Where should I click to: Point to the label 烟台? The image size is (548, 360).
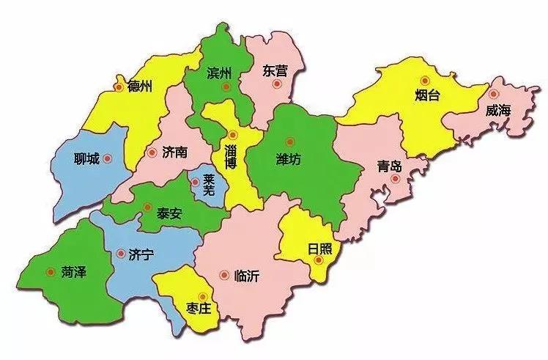coord(426,96)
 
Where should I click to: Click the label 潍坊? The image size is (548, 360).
coord(289,158)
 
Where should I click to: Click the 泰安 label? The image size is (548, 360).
coord(169,216)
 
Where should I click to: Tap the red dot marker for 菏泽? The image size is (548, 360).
coord(50,271)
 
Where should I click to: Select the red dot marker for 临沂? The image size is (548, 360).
coord(224,276)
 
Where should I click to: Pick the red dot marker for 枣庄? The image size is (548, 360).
coord(201,295)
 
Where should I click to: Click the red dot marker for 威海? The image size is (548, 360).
coord(494,94)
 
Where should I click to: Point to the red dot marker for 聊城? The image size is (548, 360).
coord(108,158)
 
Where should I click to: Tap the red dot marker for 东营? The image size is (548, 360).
coord(276,84)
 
